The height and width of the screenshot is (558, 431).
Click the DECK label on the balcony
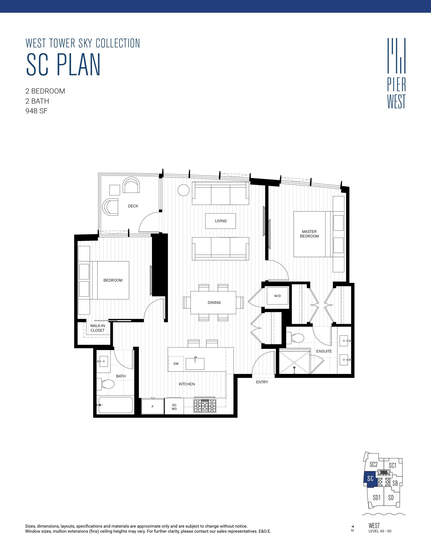click(133, 206)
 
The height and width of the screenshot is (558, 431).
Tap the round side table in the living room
click(184, 190)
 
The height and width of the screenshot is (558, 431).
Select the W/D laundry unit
click(277, 296)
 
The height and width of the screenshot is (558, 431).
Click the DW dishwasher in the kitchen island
click(176, 364)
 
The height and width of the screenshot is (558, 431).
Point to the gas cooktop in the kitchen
click(205, 406)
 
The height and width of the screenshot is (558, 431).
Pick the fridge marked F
click(153, 406)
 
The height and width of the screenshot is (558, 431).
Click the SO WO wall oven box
click(174, 407)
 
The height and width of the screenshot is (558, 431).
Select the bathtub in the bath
click(116, 405)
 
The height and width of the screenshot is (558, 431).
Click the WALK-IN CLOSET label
click(97, 328)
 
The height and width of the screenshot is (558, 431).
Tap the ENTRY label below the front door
click(262, 382)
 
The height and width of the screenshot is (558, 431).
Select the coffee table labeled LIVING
click(221, 221)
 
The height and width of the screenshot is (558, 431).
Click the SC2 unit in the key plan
click(373, 465)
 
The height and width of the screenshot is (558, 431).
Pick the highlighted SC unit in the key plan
click(370, 478)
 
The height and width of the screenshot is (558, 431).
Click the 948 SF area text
click(37, 111)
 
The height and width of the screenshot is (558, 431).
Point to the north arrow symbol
click(353, 527)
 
